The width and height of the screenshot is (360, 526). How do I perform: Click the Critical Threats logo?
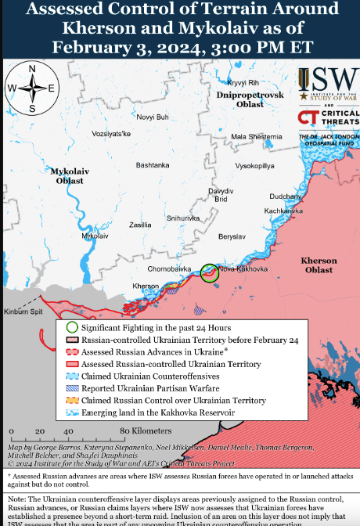[326, 119]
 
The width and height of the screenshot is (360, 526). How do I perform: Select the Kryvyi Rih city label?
[242, 82]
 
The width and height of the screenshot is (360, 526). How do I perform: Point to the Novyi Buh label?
[153, 117]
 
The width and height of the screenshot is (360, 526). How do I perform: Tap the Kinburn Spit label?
[23, 312]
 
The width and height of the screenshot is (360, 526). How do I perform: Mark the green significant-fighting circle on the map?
[210, 272]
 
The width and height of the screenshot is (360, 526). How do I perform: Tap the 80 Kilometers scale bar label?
[135, 431]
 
